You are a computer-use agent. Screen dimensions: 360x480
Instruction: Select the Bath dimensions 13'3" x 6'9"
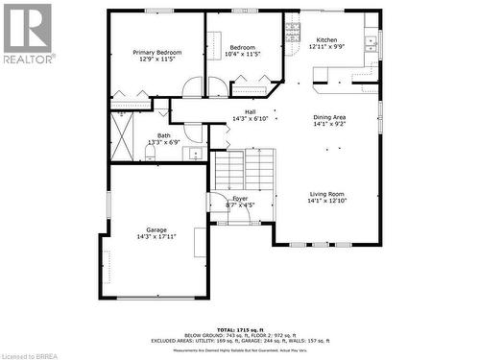[x=164, y=143]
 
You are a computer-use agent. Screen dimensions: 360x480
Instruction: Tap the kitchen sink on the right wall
[x=370, y=43]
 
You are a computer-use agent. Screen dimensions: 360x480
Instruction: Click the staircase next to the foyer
[x=245, y=171]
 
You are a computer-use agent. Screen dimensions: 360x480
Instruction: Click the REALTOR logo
[x=28, y=33]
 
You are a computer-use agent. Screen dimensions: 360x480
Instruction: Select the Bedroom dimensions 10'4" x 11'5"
[x=242, y=55]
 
